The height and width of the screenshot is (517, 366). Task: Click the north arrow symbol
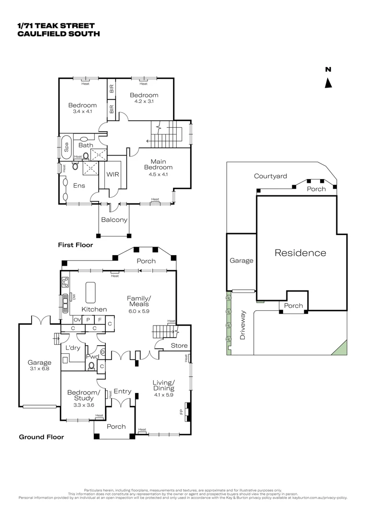pyautogui.click(x=328, y=83)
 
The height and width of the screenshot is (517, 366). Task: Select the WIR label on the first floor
pyautogui.click(x=113, y=175)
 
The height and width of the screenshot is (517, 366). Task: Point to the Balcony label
pyautogui.click(x=114, y=220)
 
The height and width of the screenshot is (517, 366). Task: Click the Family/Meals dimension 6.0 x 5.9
pyautogui.click(x=138, y=311)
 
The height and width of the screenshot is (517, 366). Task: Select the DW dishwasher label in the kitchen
pyautogui.click(x=74, y=297)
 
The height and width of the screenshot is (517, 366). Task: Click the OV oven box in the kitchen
pyautogui.click(x=77, y=320)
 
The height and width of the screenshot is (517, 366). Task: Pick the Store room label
pyautogui.click(x=179, y=346)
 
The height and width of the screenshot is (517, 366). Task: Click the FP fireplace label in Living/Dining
pyautogui.click(x=181, y=411)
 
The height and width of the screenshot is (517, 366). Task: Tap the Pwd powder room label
pyautogui.click(x=92, y=357)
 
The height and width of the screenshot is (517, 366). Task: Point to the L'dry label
pyautogui.click(x=73, y=348)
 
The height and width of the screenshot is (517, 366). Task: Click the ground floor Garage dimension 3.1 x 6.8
pyautogui.click(x=39, y=369)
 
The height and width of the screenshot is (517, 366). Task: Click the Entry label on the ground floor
pyautogui.click(x=123, y=391)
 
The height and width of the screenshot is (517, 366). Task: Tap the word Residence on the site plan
pyautogui.click(x=300, y=253)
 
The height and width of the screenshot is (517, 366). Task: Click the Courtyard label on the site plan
pyautogui.click(x=271, y=176)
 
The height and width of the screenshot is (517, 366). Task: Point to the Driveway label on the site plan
pyautogui.click(x=242, y=325)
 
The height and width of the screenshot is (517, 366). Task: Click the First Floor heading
pyautogui.click(x=75, y=245)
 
